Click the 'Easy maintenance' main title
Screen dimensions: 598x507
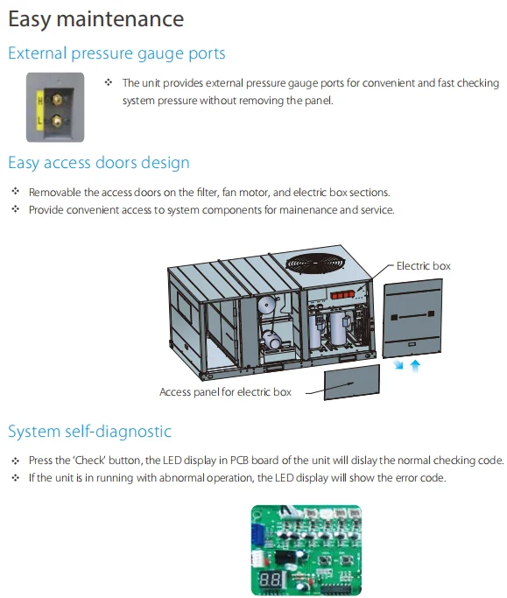tap(95, 18)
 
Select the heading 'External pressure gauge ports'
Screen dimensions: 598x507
tap(116, 53)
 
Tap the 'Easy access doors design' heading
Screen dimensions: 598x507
tap(98, 163)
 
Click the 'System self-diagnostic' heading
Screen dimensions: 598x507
tap(89, 432)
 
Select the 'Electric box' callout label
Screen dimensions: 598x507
tap(423, 266)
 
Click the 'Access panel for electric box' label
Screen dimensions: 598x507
tap(225, 392)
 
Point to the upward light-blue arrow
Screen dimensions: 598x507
tap(415, 365)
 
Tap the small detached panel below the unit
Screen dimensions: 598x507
tap(352, 383)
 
